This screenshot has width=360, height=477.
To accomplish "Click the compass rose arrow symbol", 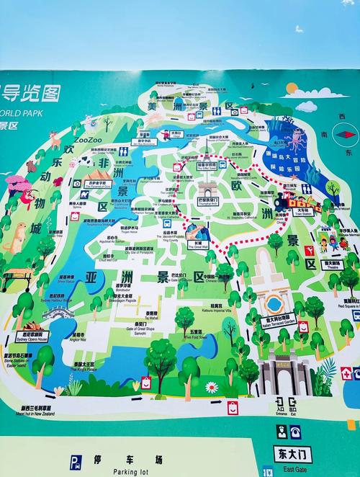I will point(348,132).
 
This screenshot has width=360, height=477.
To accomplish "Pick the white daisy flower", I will point(211,387).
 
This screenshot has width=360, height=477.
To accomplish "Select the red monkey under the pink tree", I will point(27,196).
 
